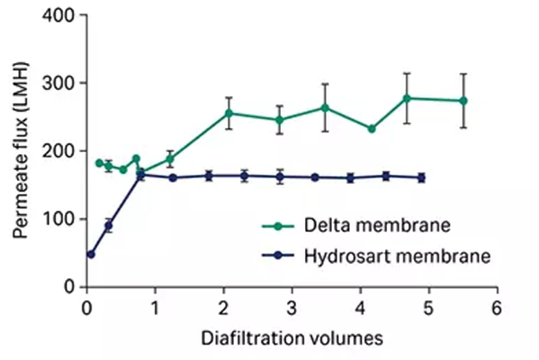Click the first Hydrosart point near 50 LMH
click(x=91, y=254)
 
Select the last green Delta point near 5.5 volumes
click(x=463, y=101)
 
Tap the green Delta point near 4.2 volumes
click(x=372, y=129)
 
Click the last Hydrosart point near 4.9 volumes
click(x=421, y=178)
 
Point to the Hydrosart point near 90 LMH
click(x=108, y=225)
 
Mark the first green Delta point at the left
click(x=99, y=163)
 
